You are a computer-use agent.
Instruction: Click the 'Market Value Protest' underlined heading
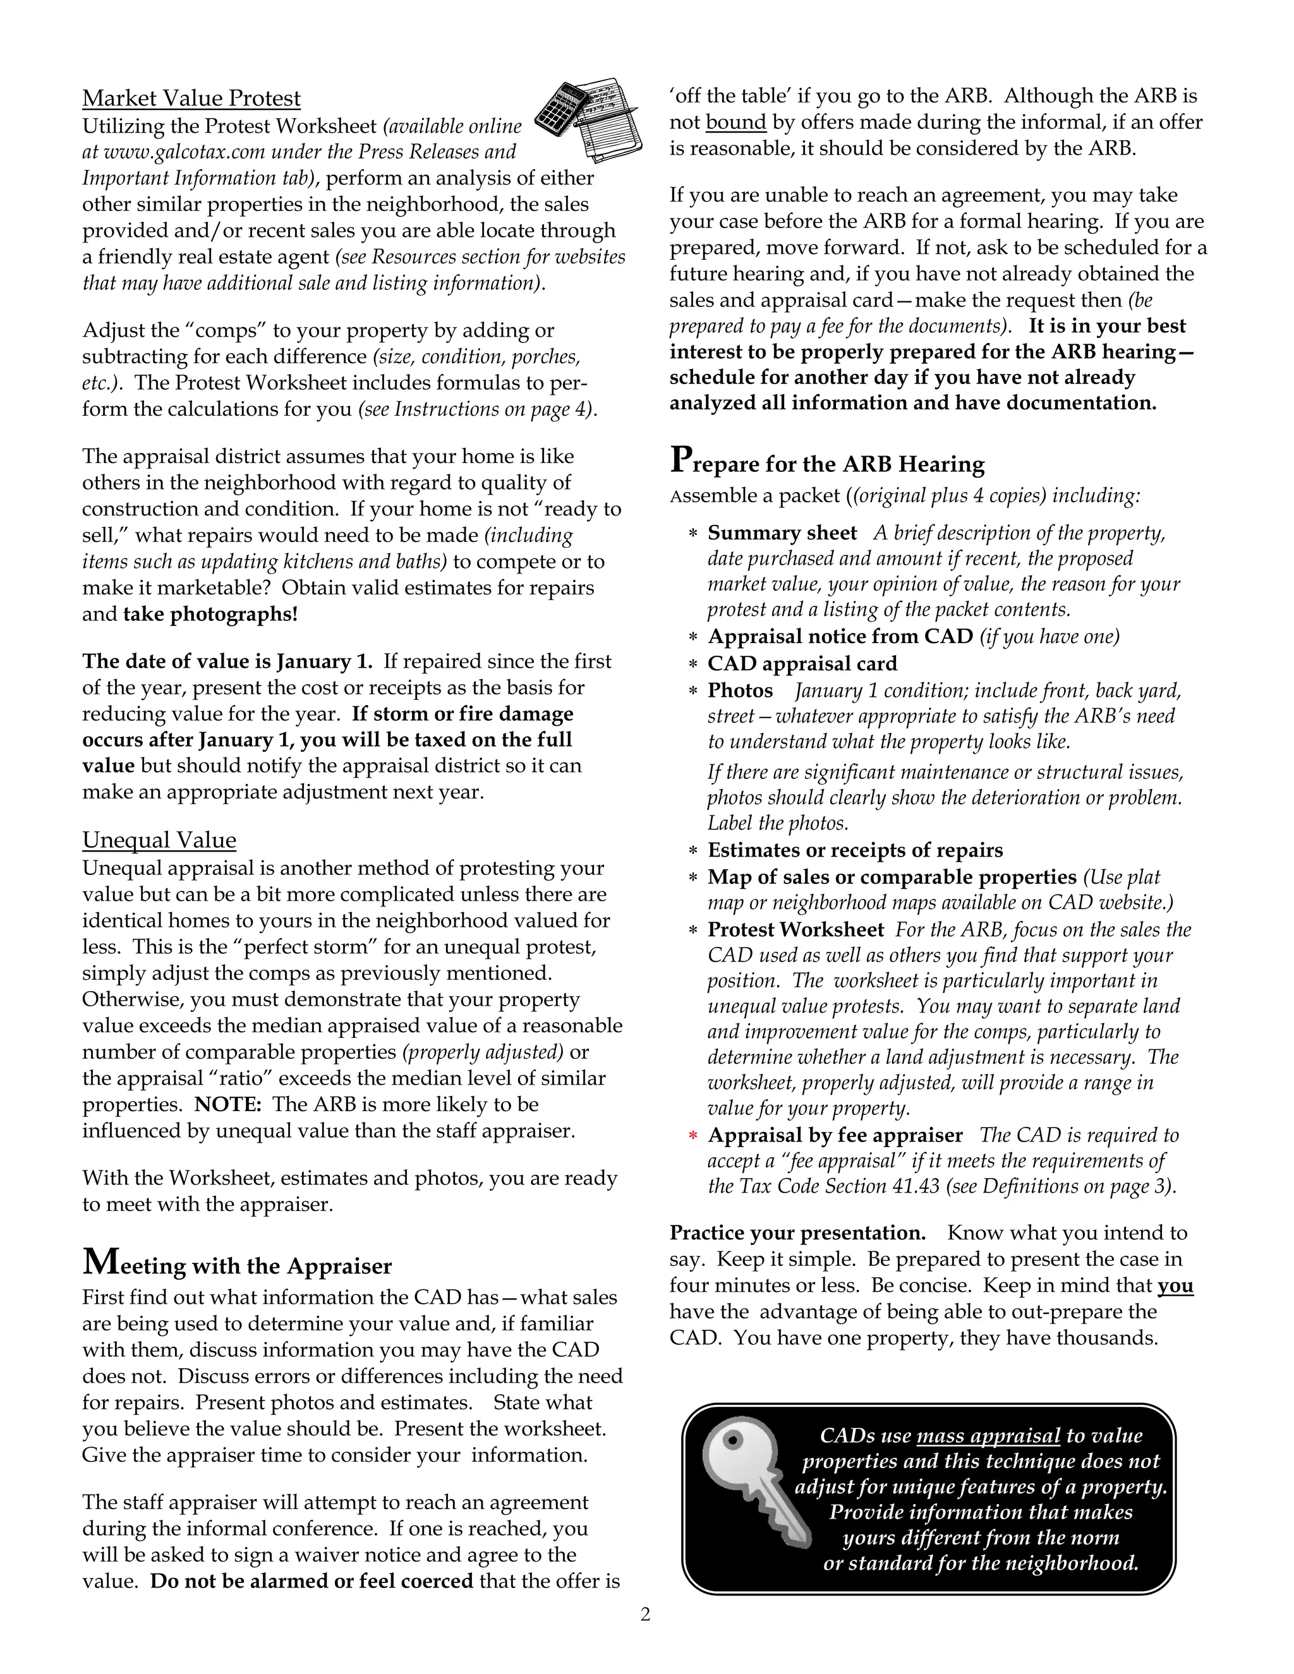coord(191,99)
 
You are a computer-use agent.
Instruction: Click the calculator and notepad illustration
coord(587,119)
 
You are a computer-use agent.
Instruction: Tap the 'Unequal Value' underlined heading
coord(159,840)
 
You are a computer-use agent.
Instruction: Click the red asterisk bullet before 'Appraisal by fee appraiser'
coord(692,1136)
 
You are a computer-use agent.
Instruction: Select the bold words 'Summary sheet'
coord(782,533)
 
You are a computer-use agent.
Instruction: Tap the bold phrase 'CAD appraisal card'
coord(802,664)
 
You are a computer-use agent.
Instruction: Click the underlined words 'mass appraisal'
coord(988,1436)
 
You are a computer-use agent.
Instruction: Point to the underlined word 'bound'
coord(736,123)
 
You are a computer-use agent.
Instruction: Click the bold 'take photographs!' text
coord(210,615)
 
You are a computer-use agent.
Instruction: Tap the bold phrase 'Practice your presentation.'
coord(797,1232)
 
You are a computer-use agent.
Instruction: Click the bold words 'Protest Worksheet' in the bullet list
coord(795,930)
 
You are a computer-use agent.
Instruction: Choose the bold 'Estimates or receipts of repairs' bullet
coord(855,850)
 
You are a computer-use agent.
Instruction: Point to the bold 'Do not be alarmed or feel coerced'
coord(311,1581)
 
